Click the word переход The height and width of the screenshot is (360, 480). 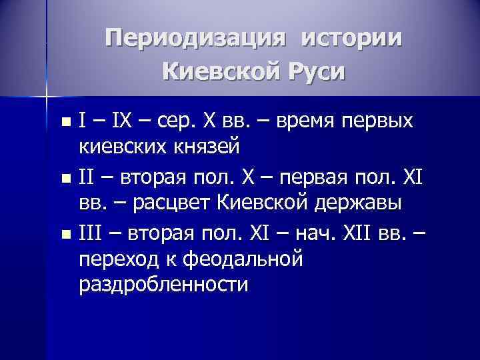120,259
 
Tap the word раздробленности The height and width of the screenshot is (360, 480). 163,285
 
